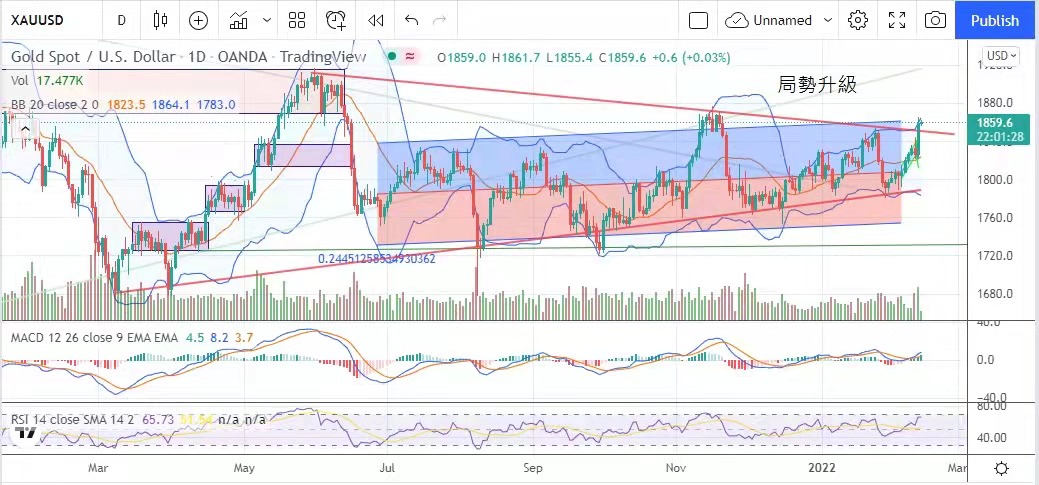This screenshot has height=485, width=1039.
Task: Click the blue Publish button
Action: pyautogui.click(x=994, y=20)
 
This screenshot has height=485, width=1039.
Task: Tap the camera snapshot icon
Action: pyautogui.click(x=935, y=20)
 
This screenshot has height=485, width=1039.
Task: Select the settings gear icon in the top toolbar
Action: pyautogui.click(x=857, y=20)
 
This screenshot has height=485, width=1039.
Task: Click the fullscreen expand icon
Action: pyautogui.click(x=896, y=20)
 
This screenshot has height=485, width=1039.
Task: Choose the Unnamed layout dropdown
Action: pyautogui.click(x=779, y=20)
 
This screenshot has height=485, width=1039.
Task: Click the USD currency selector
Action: pyautogui.click(x=1000, y=56)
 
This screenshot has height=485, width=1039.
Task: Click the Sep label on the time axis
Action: pyautogui.click(x=532, y=467)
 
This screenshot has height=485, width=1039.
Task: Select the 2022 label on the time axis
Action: pyautogui.click(x=823, y=467)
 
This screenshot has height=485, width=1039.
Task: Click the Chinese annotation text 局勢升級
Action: pyautogui.click(x=817, y=86)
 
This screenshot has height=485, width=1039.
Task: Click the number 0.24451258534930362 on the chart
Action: pyautogui.click(x=377, y=258)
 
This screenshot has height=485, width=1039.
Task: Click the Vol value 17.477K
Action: pyautogui.click(x=60, y=80)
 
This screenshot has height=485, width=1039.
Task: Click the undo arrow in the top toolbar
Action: pyautogui.click(x=411, y=20)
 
